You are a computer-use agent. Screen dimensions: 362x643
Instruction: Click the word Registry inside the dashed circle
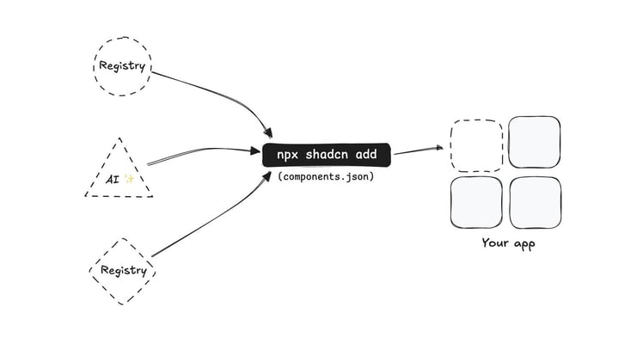point(123,65)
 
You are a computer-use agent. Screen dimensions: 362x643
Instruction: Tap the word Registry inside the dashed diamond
point(124,270)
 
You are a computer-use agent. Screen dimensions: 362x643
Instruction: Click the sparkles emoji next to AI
point(129,179)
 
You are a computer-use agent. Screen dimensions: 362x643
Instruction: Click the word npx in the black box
point(287,155)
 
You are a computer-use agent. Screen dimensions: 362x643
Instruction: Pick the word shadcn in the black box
point(331,155)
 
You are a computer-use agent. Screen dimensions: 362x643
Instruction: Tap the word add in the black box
point(371,155)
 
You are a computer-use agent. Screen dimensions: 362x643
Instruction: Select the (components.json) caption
point(326,176)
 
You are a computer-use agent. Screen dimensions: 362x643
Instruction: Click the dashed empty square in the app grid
point(475,144)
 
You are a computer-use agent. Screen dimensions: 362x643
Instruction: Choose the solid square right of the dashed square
point(534,143)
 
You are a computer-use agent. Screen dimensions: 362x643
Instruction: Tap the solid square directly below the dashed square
point(476,203)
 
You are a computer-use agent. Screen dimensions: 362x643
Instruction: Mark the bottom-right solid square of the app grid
point(535,203)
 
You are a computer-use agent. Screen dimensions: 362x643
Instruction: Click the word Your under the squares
point(495,244)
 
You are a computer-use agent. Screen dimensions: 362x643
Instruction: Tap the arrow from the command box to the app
point(417,150)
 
